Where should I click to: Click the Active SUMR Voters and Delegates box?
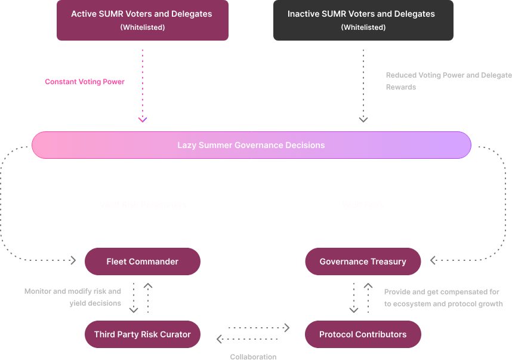click(142, 20)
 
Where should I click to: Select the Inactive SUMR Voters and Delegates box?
click(363, 20)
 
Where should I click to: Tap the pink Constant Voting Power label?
click(85, 82)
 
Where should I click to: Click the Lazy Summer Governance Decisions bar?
click(251, 145)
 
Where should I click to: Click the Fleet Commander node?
click(142, 261)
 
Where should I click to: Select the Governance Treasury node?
click(363, 261)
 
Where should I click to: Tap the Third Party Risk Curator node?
click(142, 334)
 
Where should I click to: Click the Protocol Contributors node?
click(363, 334)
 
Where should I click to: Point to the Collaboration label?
click(253, 356)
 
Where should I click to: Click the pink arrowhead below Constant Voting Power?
click(143, 119)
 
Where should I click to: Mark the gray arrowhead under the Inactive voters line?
click(363, 119)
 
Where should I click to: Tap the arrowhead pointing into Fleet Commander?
click(73, 260)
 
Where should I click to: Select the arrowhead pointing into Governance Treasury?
click(433, 260)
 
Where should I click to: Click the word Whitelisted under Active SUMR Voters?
click(142, 27)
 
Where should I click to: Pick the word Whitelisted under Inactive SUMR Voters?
click(363, 27)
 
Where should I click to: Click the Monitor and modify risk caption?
click(73, 297)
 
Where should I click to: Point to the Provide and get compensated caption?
click(443, 298)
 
